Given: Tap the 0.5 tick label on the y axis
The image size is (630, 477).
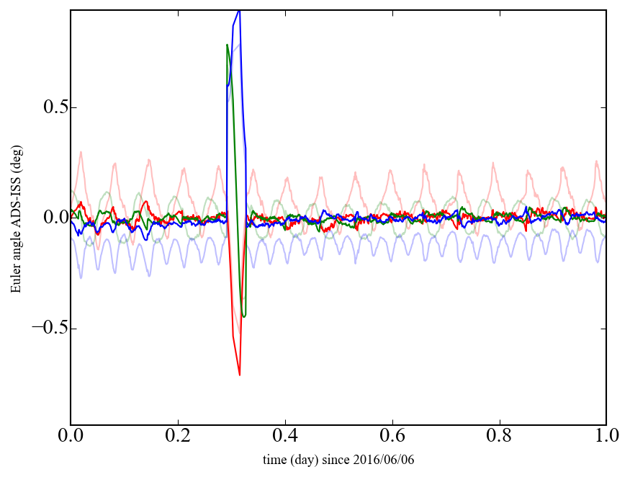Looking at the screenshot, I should point(51,107).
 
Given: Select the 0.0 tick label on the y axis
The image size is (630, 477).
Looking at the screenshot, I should point(51,218).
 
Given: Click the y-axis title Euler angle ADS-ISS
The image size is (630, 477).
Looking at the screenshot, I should point(15,218).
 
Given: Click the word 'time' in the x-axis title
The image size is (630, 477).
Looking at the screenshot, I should point(275,459).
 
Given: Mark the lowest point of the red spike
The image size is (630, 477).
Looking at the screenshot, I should point(239,375).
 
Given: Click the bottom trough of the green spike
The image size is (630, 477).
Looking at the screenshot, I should point(244,316).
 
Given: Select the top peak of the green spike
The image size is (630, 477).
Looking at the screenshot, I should point(228,45).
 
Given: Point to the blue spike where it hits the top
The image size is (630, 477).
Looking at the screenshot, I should point(238,11).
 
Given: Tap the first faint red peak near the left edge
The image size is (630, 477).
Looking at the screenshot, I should point(81,152).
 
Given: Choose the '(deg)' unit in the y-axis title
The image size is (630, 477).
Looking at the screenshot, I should point(15,154).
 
